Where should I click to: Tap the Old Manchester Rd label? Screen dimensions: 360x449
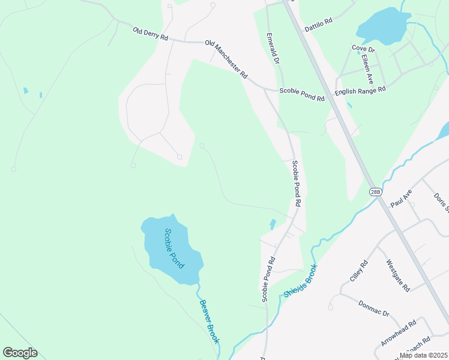[226, 59]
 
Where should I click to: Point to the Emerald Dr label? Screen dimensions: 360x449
[273, 48]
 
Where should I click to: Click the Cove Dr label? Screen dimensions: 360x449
[363, 47]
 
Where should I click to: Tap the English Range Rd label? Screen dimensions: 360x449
[360, 91]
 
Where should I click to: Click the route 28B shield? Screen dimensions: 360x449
[375, 191]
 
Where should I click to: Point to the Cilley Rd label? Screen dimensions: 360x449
[358, 272]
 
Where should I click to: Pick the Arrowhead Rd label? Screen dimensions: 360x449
[398, 334]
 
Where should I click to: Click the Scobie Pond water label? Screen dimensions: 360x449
[174, 248]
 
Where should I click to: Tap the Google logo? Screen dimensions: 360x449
[20, 353]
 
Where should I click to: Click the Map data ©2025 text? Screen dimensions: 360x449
[423, 355]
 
